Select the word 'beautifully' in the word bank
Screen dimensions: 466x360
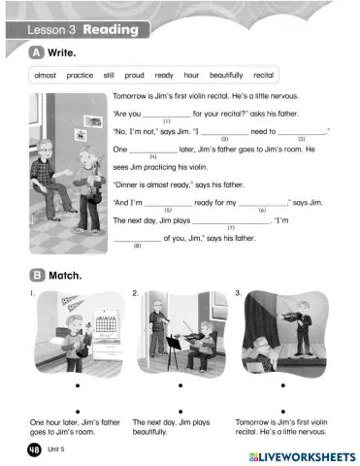pos(226,75)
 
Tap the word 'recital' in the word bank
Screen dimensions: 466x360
pos(263,75)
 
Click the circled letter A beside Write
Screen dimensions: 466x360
pos(37,51)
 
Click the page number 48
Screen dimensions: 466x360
pos(35,450)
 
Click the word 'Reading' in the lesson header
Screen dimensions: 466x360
pos(111,30)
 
